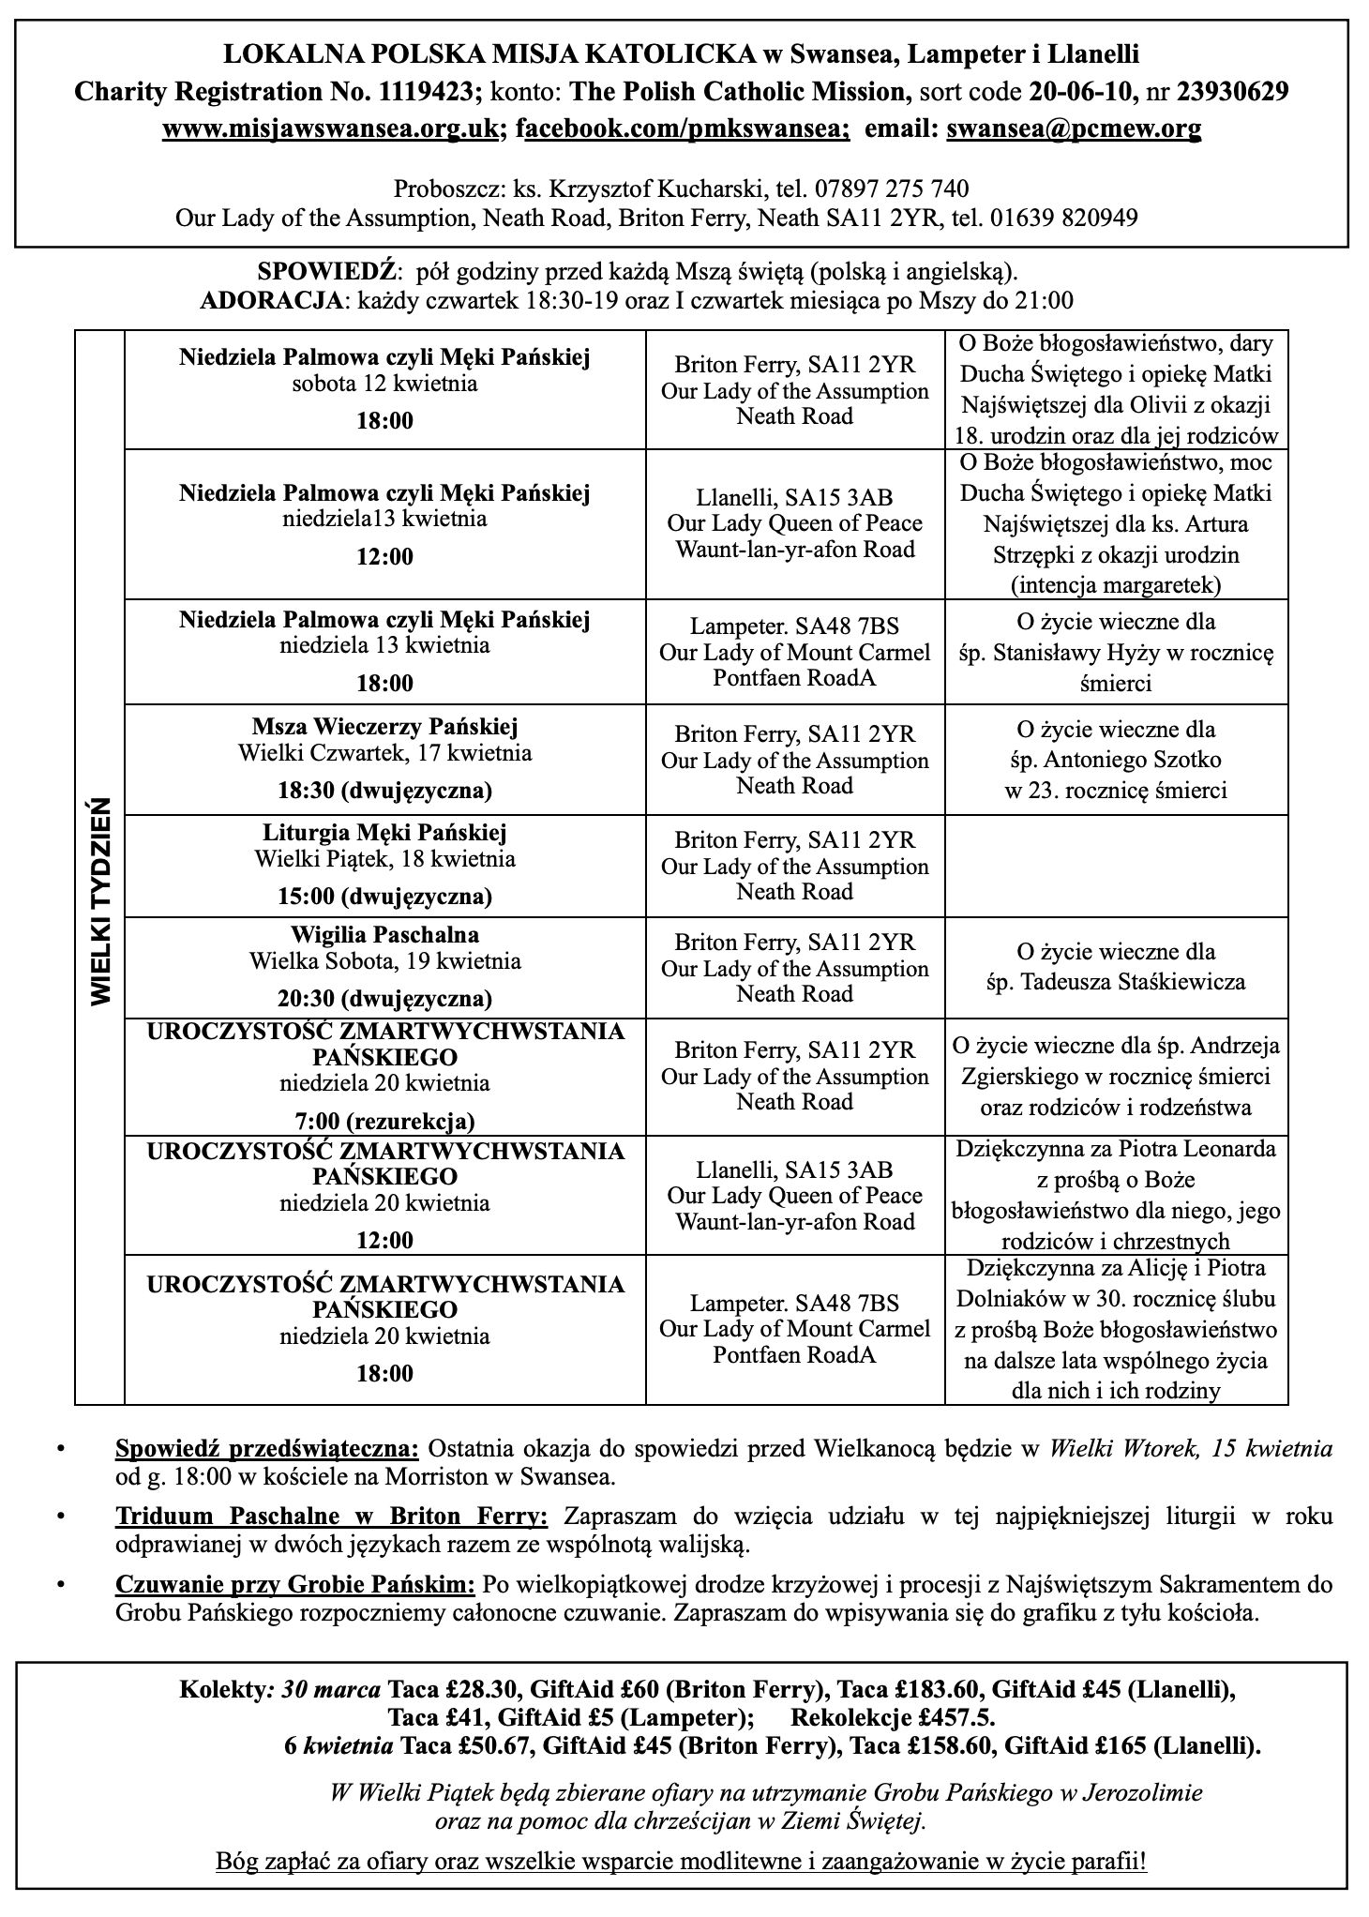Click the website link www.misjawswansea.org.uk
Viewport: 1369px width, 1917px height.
[329, 129]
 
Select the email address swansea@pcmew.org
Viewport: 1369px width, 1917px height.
[1074, 129]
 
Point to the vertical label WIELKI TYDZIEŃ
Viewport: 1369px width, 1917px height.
[100, 901]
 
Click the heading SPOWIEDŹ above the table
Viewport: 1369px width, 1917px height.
[327, 273]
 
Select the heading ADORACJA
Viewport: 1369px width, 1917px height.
[272, 301]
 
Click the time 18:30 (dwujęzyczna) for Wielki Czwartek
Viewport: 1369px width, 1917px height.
[384, 791]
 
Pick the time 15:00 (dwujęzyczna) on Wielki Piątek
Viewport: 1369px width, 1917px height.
[384, 896]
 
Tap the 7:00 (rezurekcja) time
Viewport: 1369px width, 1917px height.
[384, 1121]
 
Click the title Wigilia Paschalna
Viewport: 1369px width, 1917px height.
[384, 935]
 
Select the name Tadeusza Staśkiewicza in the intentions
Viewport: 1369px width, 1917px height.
[1116, 983]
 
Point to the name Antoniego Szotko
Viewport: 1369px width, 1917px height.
[1116, 760]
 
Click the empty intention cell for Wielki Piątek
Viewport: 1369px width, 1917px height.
[1116, 866]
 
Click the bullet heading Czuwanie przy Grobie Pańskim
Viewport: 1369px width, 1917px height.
[295, 1585]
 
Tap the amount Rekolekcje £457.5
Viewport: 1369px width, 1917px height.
[893, 1717]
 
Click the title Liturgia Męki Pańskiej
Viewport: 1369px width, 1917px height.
[384, 833]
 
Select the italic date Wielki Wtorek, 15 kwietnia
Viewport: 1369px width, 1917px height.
[1190, 1449]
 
